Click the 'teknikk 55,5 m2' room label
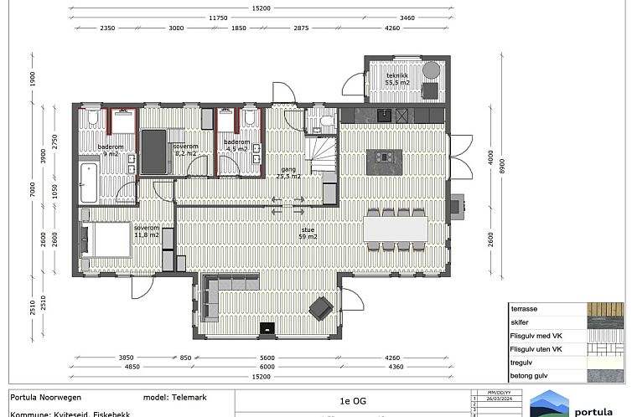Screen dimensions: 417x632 pos(397,80)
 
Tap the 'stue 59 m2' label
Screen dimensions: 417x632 pos(308,232)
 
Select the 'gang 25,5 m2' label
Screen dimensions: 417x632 pos(289,172)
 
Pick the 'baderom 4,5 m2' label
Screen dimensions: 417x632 pos(236,146)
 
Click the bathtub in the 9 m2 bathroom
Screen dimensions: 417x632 pos(88,183)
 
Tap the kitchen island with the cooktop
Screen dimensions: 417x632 pos(385,157)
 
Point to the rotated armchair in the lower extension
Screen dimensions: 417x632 pos(320,308)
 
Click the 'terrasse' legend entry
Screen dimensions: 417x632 pos(524,309)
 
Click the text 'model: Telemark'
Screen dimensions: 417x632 pos(177,397)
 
